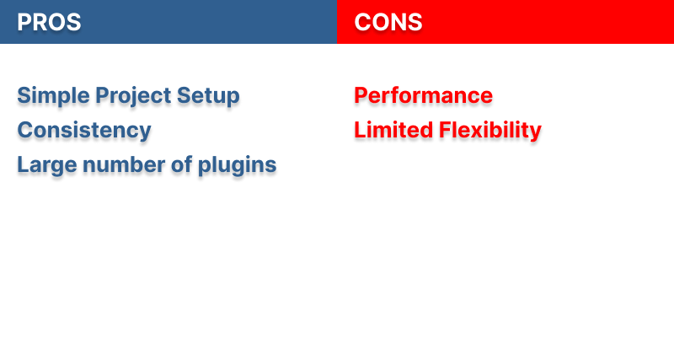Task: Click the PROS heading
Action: click(x=49, y=23)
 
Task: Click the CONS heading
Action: click(x=388, y=23)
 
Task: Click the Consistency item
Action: click(x=84, y=131)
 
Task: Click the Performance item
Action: click(x=423, y=96)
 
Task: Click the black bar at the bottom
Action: click(x=337, y=333)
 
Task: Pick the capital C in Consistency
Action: click(x=24, y=131)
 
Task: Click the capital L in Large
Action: click(x=23, y=165)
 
